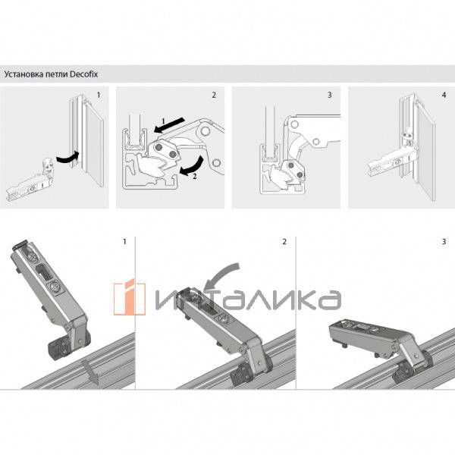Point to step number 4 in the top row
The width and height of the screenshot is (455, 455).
pyautogui.click(x=444, y=96)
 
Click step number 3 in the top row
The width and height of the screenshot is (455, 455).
pyautogui.click(x=329, y=96)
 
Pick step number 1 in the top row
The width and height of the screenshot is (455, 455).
pyautogui.click(x=98, y=96)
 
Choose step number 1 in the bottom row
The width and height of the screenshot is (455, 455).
pyautogui.click(x=124, y=243)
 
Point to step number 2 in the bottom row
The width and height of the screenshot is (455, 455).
pyautogui.click(x=284, y=243)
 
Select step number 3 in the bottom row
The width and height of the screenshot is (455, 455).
pyautogui.click(x=444, y=243)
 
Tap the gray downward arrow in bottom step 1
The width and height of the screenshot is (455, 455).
pyautogui.click(x=89, y=372)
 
